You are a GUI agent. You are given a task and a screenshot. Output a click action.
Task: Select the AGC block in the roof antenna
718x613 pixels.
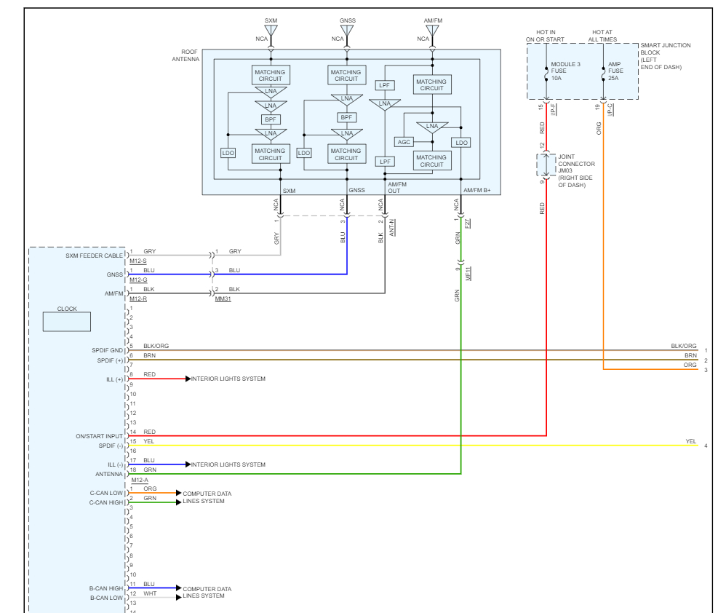[404, 142]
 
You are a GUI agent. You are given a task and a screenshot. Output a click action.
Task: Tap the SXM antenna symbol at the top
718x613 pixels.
[271, 32]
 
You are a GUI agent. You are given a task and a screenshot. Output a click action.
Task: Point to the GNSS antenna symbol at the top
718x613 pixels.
[346, 32]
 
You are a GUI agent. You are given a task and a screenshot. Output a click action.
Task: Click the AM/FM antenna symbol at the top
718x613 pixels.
[433, 32]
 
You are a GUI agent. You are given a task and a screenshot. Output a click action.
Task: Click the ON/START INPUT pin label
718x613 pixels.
[100, 435]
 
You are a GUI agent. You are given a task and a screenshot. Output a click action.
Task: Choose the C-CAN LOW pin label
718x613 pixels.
[105, 493]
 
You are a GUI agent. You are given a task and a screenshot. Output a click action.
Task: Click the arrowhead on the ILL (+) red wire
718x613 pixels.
[188, 379]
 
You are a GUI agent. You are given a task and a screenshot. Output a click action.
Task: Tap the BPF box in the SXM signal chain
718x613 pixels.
[271, 119]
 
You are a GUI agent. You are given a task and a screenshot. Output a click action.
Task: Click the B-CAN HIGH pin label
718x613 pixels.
[105, 587]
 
